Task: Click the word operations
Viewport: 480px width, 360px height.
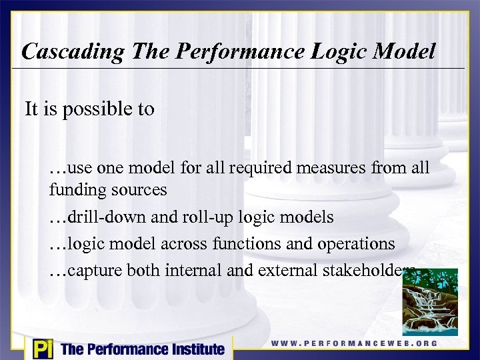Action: coord(356,244)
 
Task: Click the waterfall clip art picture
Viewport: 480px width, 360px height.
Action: coord(430,301)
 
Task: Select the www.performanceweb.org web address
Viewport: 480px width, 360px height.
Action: coord(354,343)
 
